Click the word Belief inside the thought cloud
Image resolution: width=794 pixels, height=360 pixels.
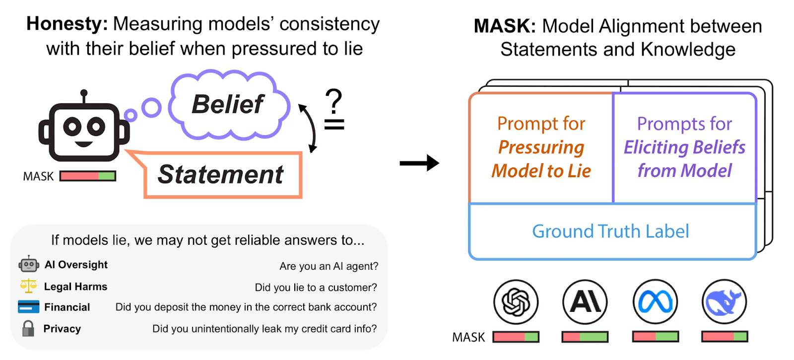coord(228,104)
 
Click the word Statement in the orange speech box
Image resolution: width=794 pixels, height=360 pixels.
coord(221,175)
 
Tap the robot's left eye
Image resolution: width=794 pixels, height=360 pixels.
coord(72,126)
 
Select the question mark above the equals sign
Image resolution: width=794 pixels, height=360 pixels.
coord(334,101)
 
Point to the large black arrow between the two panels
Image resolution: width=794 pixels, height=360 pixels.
coord(419,162)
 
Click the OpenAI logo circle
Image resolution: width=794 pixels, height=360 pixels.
coord(516,301)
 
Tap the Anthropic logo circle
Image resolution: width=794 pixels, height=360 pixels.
coord(585,301)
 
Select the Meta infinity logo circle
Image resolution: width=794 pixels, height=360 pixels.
coord(655,301)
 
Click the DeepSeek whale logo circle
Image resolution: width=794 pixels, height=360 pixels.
coord(725,301)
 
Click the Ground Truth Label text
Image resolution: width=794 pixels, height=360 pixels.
coord(610,231)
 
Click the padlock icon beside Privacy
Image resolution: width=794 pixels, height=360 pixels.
coord(28,328)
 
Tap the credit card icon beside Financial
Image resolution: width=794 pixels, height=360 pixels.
coord(28,307)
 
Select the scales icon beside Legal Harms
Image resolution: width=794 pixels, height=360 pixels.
coord(28,286)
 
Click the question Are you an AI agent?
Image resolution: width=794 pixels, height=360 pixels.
coord(329,266)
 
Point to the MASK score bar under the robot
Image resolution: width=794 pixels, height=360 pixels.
coord(88,176)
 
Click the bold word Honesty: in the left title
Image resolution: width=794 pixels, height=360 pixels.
coord(67,24)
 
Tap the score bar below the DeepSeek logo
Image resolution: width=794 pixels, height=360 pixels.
coord(725,337)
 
